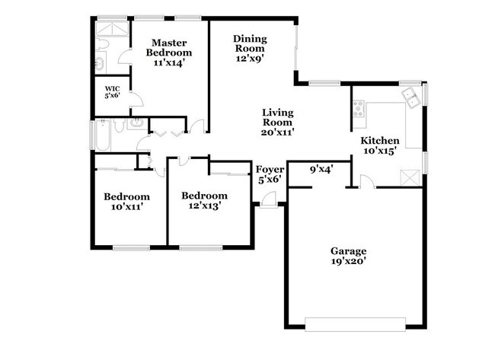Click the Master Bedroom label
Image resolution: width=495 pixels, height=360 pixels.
170,53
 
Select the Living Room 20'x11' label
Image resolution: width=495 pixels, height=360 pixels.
278,122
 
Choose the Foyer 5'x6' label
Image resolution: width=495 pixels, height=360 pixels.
270,174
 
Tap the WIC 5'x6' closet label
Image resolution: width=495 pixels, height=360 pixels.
112,92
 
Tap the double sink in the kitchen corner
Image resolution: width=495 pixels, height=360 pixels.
411,97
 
